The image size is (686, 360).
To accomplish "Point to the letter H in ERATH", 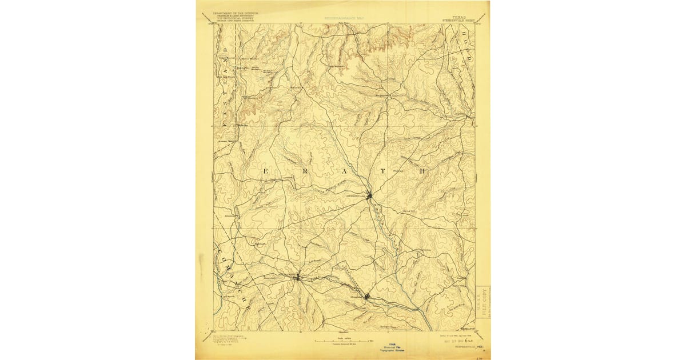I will tap(424, 171).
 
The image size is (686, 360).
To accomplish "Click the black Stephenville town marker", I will tap(370, 196).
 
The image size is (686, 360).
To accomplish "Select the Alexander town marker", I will tap(367, 296).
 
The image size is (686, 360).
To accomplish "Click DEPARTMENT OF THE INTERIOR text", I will tap(235, 13).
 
